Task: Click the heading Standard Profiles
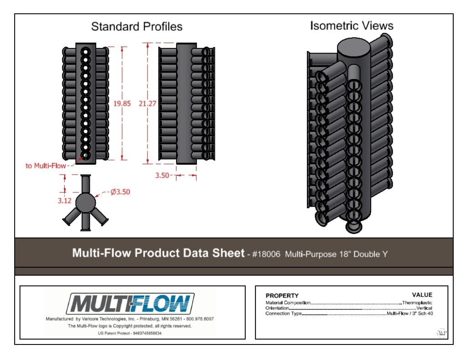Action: coord(137,26)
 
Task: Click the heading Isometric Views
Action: coord(352,26)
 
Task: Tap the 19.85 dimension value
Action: coord(122,104)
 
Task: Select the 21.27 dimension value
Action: coord(147,104)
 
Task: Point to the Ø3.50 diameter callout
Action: coord(120,192)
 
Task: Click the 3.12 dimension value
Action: coord(65,201)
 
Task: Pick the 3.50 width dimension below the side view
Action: coord(162,175)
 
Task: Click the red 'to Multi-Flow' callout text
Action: coord(46,166)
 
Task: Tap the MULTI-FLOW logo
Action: coord(130,304)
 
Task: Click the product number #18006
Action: coord(266,254)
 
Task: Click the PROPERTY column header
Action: coord(282,296)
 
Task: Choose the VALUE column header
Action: coord(422,295)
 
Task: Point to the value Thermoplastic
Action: coord(417,303)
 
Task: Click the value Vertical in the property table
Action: coord(424,308)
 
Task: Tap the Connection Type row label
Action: coord(284,313)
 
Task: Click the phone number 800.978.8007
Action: coord(200,319)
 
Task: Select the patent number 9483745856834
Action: coord(147,333)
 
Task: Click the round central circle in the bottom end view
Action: coord(85,203)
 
